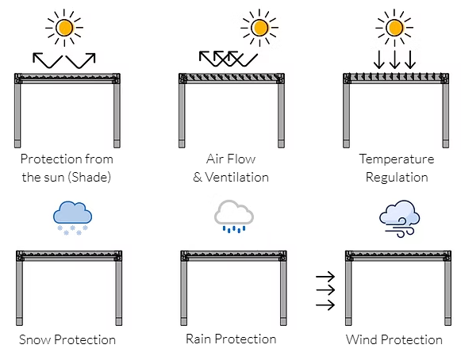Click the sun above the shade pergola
pyautogui.click(x=64, y=28)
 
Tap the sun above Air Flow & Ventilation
pyautogui.click(x=259, y=28)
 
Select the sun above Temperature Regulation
pyautogui.click(x=394, y=28)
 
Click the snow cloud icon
pyautogui.click(x=73, y=218)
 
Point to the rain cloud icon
pyautogui.click(x=234, y=216)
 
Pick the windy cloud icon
pyautogui.click(x=400, y=218)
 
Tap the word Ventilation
pyautogui.click(x=236, y=177)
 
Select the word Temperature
pyautogui.click(x=397, y=159)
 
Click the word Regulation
pyautogui.click(x=397, y=177)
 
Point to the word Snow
pyautogui.click(x=35, y=339)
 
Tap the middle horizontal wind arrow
pyautogui.click(x=325, y=290)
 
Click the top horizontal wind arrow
pyautogui.click(x=325, y=276)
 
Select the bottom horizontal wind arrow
pyautogui.click(x=325, y=304)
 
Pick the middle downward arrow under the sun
pyautogui.click(x=394, y=59)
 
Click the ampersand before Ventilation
pyautogui.click(x=198, y=177)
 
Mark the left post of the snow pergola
pyautogui.click(x=19, y=293)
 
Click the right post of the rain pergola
pyautogui.click(x=283, y=293)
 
